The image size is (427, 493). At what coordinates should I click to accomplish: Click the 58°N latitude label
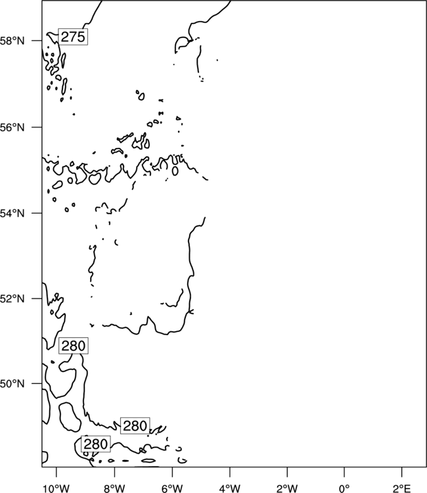pos(12,41)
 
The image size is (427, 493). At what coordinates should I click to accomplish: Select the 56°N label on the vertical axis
pos(12,128)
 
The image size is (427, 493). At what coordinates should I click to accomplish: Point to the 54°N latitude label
pos(12,213)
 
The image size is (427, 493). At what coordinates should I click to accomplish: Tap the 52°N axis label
pos(12,298)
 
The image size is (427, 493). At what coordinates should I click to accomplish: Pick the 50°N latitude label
pos(12,384)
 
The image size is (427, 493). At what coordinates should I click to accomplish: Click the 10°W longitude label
pos(56,488)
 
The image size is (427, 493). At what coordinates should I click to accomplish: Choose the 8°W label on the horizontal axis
pos(114,488)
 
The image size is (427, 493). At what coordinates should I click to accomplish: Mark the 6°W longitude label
pos(172,488)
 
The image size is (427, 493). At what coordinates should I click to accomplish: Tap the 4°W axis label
pos(230,488)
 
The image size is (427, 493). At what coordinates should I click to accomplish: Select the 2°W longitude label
pos(287,488)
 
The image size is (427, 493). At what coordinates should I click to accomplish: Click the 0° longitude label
pos(344,488)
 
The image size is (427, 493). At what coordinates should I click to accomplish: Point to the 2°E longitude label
pos(402,488)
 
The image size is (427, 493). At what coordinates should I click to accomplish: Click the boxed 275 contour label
pos(73,37)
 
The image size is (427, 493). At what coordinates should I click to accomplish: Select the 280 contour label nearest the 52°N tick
pos(74,346)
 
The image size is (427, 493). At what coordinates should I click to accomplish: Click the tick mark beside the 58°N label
pos(36,41)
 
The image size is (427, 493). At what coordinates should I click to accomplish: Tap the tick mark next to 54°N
pos(36,213)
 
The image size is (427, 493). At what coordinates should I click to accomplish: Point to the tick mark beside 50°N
pos(36,384)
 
